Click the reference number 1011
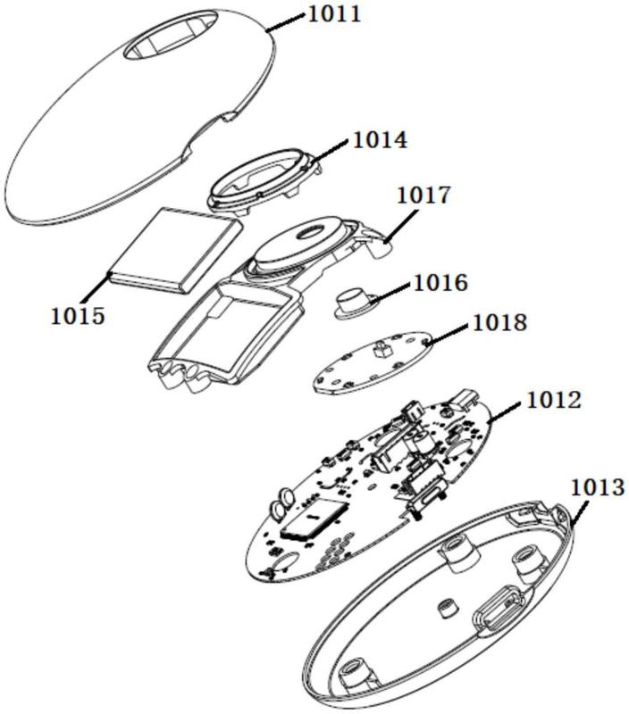335,13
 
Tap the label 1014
381,140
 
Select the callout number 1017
424,195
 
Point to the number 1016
440,282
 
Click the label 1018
500,322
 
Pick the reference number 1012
554,400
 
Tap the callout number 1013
597,487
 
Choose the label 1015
78,316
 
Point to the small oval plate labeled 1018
372,362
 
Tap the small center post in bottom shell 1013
445,609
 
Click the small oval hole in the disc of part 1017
309,234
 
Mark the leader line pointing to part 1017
401,227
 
